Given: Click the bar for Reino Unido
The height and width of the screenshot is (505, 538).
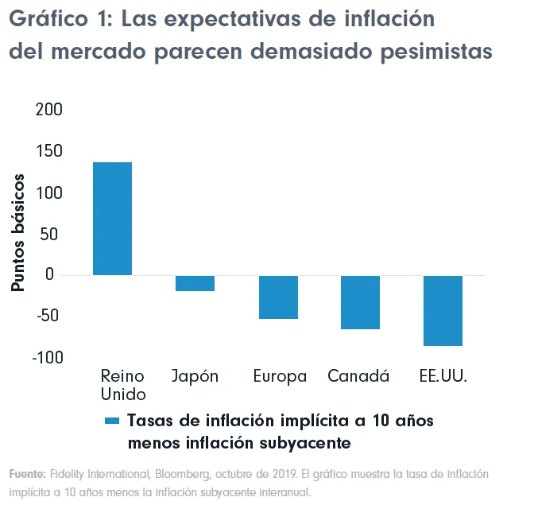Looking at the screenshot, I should pyautogui.click(x=112, y=219).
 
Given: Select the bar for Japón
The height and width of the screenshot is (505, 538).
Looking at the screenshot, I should pyautogui.click(x=195, y=283).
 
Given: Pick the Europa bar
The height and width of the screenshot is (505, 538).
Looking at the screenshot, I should pyautogui.click(x=278, y=297).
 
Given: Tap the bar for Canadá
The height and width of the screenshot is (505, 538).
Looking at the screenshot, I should pyautogui.click(x=360, y=302).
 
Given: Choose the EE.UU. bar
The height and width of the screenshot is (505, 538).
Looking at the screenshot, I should pyautogui.click(x=443, y=311).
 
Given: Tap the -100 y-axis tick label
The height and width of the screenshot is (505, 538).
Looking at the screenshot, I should pyautogui.click(x=45, y=357).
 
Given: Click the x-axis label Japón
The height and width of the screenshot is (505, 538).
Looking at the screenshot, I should pyautogui.click(x=195, y=376).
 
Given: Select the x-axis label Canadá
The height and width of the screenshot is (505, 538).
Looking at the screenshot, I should pyautogui.click(x=358, y=376).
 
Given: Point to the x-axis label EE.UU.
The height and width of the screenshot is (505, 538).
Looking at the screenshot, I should pyautogui.click(x=443, y=376).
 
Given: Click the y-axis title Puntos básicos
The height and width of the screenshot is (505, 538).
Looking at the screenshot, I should pyautogui.click(x=18, y=233).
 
